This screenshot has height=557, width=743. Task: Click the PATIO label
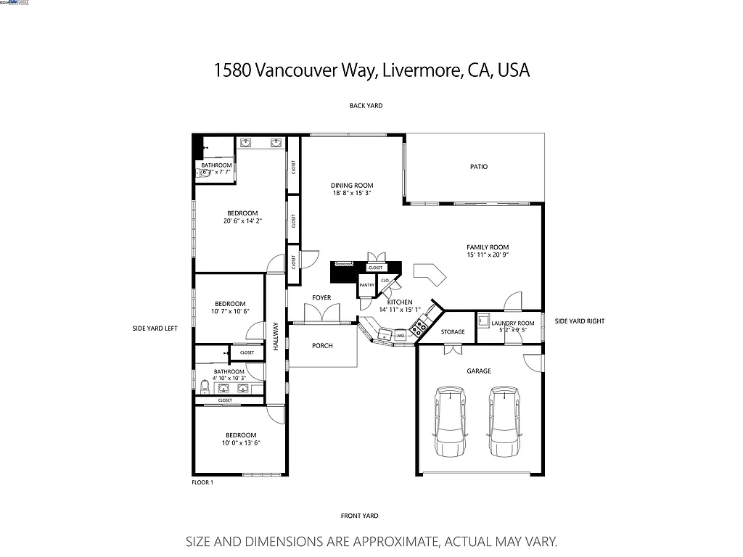tap(478, 167)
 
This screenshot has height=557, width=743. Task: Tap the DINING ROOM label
tap(352, 186)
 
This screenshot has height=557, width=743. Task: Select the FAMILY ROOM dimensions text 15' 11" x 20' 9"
tap(488, 255)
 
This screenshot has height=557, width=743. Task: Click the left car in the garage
tap(451, 421)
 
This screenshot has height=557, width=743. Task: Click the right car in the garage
tap(505, 421)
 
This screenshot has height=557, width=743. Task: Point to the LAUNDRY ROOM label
tap(512, 323)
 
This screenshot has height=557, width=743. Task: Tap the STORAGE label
tap(453, 332)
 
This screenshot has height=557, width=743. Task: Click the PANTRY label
tap(366, 285)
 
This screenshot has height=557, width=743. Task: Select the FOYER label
tap(321, 298)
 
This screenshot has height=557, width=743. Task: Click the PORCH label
tap(322, 346)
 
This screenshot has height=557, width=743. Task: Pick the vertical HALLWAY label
tap(276, 337)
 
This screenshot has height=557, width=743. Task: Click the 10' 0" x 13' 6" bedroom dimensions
tap(240, 443)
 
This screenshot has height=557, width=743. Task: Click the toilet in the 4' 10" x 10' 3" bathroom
tap(205, 386)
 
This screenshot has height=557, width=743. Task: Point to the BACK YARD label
tap(366, 106)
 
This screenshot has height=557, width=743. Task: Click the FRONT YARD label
tap(359, 516)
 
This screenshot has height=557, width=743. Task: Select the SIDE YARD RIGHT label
tap(579, 321)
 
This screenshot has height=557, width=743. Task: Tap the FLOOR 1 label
tap(202, 482)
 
